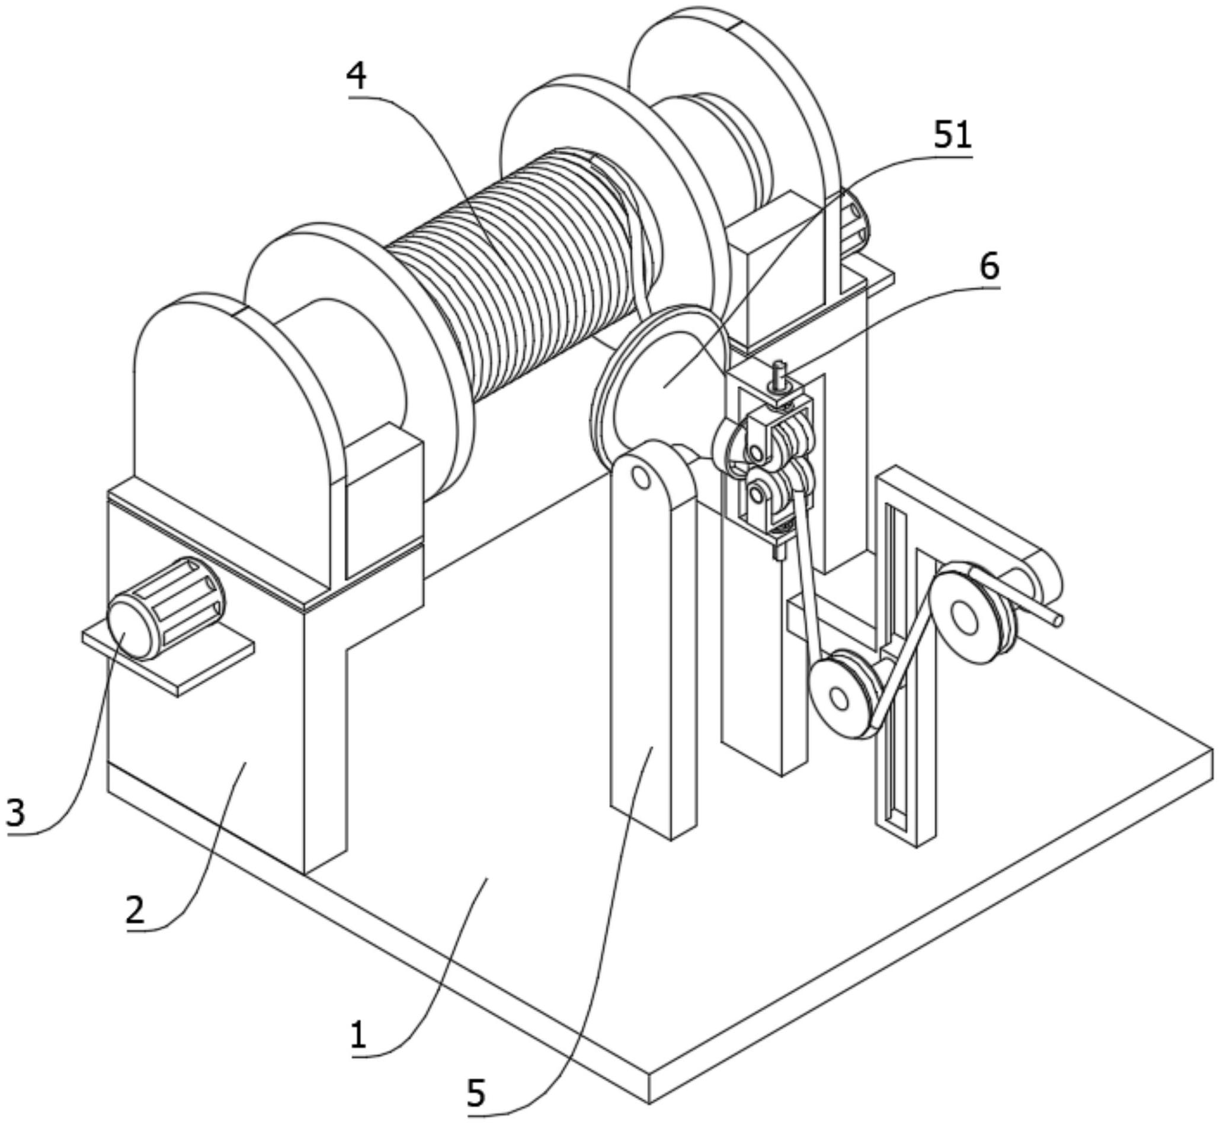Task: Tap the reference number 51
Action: (952, 136)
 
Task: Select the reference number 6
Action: (990, 267)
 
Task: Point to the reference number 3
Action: (15, 812)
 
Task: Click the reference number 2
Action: (135, 909)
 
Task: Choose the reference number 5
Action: (476, 1094)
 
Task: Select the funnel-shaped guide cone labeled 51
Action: (663, 383)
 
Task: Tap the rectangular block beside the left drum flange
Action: (383, 502)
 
